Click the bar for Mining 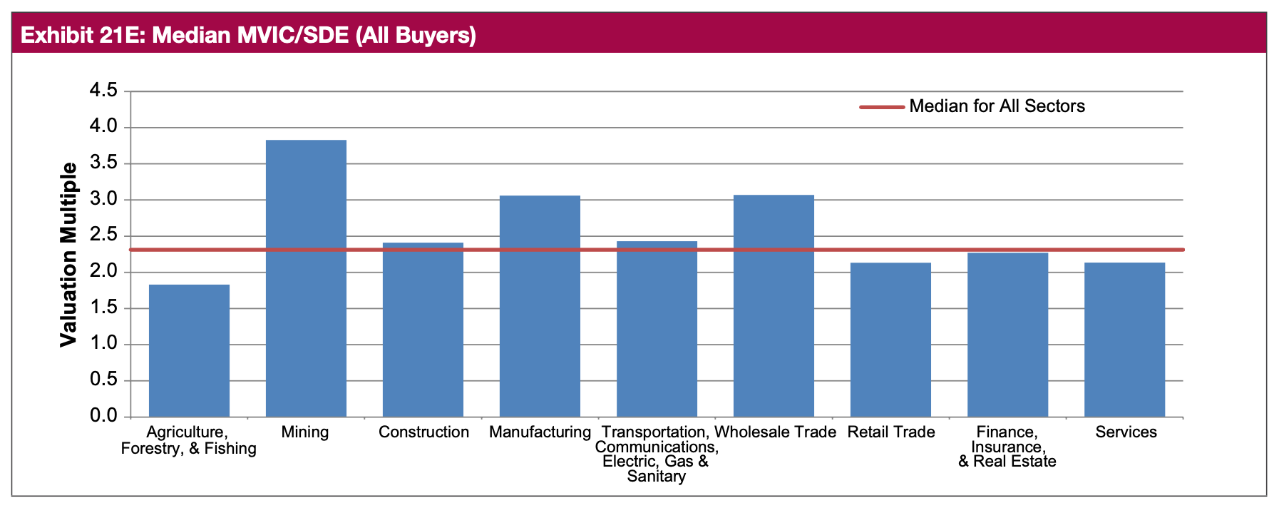pyautogui.click(x=306, y=278)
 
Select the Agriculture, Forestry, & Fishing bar pyautogui.click(x=189, y=350)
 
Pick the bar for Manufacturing pyautogui.click(x=540, y=306)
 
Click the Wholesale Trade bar pyautogui.click(x=774, y=306)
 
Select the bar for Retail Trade pyautogui.click(x=890, y=340)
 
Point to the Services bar pyautogui.click(x=1124, y=340)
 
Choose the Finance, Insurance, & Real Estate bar pyautogui.click(x=1007, y=335)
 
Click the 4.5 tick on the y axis pyautogui.click(x=103, y=91)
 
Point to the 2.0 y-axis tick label pyautogui.click(x=103, y=272)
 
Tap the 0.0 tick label pyautogui.click(x=103, y=416)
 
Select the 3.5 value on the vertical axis pyautogui.click(x=103, y=163)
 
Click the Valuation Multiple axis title pyautogui.click(x=68, y=255)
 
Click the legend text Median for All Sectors pyautogui.click(x=997, y=106)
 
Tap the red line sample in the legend pyautogui.click(x=881, y=107)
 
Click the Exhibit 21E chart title pyautogui.click(x=248, y=35)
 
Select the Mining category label pyautogui.click(x=305, y=432)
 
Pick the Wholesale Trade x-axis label pyautogui.click(x=775, y=432)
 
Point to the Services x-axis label pyautogui.click(x=1126, y=432)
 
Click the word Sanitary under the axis pyautogui.click(x=656, y=477)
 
